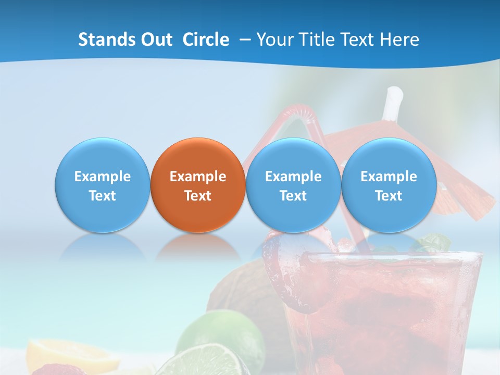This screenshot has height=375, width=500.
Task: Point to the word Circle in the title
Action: click(206, 40)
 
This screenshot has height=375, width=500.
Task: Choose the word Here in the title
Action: click(399, 40)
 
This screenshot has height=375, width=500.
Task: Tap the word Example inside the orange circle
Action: click(197, 177)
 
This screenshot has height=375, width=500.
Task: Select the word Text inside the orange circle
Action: click(197, 196)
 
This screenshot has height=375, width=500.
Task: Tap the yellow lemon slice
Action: click(73, 354)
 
